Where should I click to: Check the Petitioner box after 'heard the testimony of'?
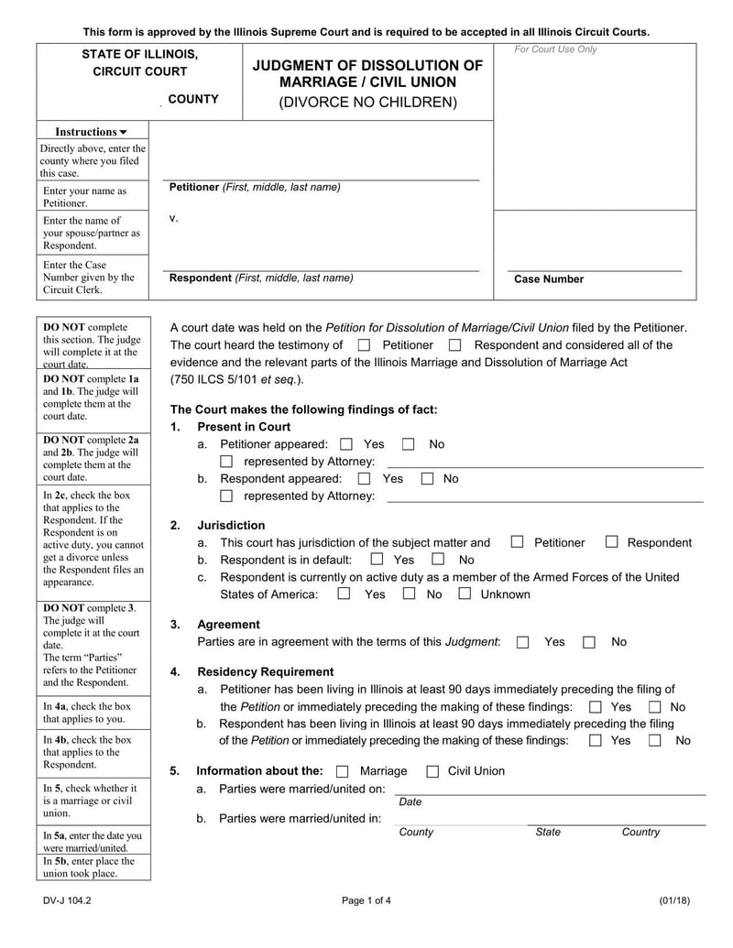coord(364,345)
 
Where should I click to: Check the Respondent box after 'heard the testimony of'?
coord(455,345)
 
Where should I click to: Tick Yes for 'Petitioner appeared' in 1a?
coord(345,444)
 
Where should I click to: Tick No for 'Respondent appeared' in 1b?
coord(427,478)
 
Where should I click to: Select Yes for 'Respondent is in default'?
coord(377,559)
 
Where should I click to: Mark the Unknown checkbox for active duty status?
coord(465,594)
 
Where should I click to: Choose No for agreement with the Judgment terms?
coord(589,642)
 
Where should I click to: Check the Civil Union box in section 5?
coord(433,771)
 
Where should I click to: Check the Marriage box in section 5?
coord(343,771)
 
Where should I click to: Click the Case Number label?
coord(548,279)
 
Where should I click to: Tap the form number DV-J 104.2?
coord(67,900)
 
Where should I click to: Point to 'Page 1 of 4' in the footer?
coord(366,900)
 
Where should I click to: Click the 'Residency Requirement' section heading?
coord(265,671)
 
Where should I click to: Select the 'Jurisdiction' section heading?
coord(231,525)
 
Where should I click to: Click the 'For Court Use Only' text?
coord(554,49)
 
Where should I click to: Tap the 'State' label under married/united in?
coord(548,832)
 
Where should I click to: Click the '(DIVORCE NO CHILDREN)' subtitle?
coord(367,102)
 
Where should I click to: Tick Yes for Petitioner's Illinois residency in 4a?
coord(596,707)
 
